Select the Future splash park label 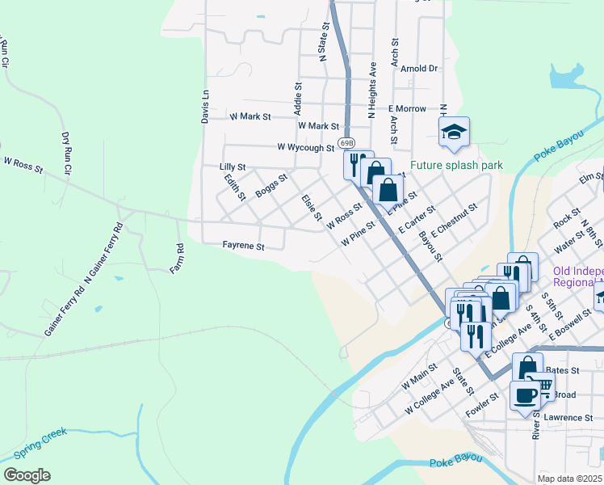tap(456, 166)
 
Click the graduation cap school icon tap(454, 132)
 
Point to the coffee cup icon tap(525, 395)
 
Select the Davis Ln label tap(205, 106)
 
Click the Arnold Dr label tap(418, 70)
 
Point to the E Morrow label tap(406, 108)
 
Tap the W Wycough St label tap(305, 148)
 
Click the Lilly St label tap(232, 167)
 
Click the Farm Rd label tap(176, 259)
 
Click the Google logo tap(27, 475)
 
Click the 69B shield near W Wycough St tap(346, 142)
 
